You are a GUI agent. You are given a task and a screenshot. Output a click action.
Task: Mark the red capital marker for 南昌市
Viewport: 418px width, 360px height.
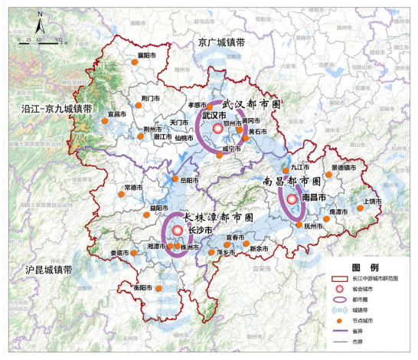click(x=292, y=198)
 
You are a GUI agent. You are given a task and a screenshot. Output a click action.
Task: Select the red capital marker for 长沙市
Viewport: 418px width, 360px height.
click(x=178, y=230)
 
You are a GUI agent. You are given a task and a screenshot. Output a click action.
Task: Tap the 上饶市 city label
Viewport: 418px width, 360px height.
click(x=372, y=201)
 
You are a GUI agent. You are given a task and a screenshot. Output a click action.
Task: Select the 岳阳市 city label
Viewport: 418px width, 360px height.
click(x=190, y=180)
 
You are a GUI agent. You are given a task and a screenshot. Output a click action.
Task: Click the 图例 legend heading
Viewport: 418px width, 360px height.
click(x=361, y=268)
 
